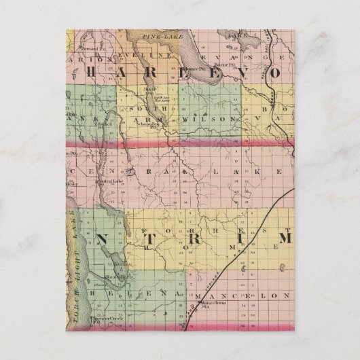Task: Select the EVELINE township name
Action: click(x=139, y=50)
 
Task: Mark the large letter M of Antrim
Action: click(x=285, y=238)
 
